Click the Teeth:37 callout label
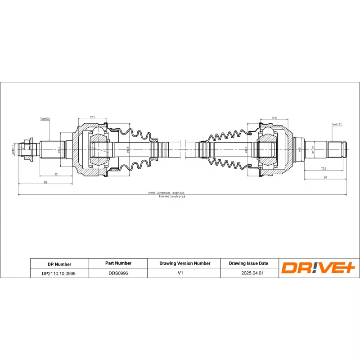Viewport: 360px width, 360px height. tap(337, 124)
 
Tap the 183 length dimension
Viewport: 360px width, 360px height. tap(45, 182)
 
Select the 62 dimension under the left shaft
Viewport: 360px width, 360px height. tap(56, 174)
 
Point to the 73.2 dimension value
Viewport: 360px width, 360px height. tap(324, 168)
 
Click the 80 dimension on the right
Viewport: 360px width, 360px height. tap(325, 177)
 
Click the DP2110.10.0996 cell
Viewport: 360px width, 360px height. tap(59, 273)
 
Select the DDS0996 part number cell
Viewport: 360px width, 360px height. tap(118, 273)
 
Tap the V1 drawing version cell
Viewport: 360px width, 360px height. tap(184, 273)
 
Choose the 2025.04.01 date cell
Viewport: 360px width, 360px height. tap(248, 273)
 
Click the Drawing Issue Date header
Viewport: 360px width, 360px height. tap(248, 263)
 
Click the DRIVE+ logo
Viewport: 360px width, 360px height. tap(319, 268)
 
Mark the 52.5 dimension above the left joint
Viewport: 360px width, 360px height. tap(92, 117)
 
